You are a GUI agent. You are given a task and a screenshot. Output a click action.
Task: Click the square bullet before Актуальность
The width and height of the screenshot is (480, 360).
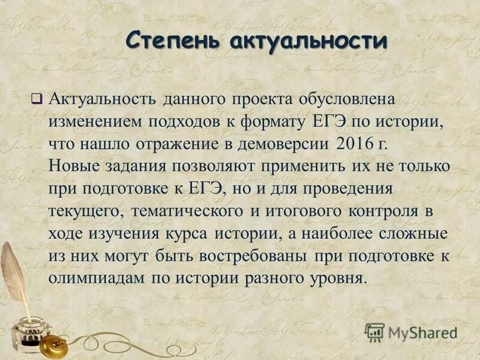pos(37,98)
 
